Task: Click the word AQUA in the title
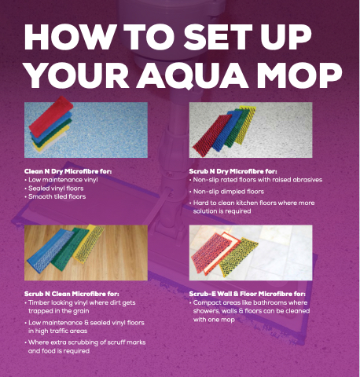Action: point(193,75)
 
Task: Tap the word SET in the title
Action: point(218,37)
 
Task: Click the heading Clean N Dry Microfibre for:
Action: point(68,171)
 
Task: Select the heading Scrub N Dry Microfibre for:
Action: point(233,171)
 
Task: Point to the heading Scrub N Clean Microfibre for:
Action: point(72,294)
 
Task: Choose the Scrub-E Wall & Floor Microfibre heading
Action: point(248,294)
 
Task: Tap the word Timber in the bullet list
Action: point(39,302)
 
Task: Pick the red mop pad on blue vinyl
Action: point(51,116)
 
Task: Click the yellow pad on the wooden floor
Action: point(89,243)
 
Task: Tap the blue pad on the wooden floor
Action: point(49,250)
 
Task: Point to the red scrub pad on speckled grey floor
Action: point(211,136)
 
